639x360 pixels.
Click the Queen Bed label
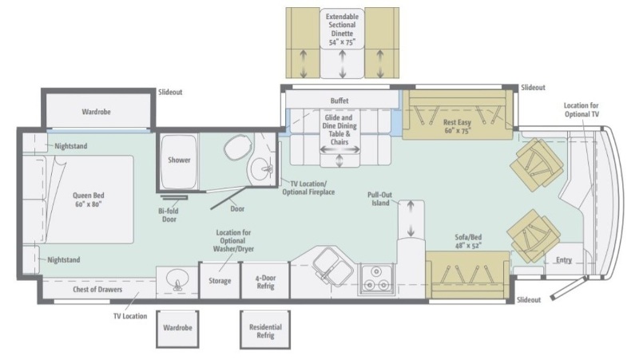click(88, 200)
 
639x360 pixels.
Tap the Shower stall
click(179, 160)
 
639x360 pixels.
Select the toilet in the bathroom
click(236, 148)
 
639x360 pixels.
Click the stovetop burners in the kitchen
click(375, 279)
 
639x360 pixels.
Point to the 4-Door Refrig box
click(265, 280)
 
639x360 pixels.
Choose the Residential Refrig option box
click(265, 331)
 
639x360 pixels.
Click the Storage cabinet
click(220, 281)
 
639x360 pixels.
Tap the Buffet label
click(340, 101)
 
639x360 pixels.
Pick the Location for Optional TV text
click(581, 110)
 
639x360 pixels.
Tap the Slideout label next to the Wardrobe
click(170, 93)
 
